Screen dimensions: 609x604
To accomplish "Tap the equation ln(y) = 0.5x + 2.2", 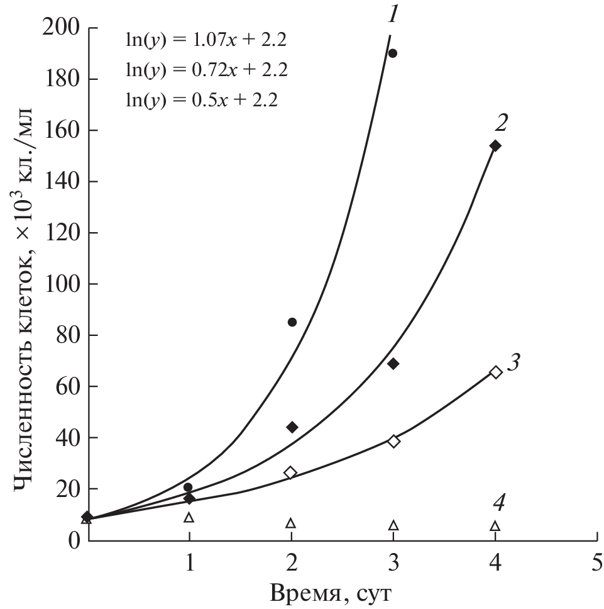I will tap(201, 99).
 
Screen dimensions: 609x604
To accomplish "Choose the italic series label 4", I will tap(498, 503).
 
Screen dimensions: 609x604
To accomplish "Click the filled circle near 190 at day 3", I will tap(393, 53).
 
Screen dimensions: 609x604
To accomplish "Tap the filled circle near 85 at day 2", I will tap(292, 322).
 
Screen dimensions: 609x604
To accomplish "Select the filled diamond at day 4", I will tap(495, 146).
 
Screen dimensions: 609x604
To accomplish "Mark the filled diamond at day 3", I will tap(393, 364).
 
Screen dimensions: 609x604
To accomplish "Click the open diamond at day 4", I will tap(495, 372).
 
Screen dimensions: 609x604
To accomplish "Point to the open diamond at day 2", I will tap(290, 472).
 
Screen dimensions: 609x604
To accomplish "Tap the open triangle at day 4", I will tap(495, 526).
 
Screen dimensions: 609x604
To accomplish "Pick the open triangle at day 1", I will tap(189, 518).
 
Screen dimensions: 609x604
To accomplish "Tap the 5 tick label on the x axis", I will tap(596, 561).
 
